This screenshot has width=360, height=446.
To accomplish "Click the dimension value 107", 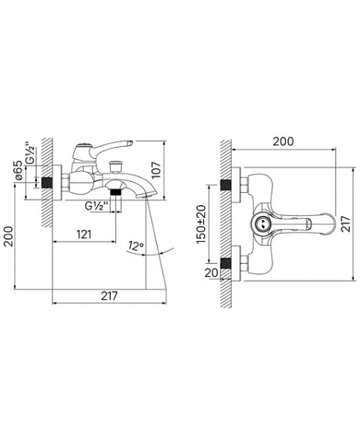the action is pos(156,170).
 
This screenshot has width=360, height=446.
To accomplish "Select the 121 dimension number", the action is pos(84,235).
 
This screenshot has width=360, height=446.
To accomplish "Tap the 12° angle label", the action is pos(135,245).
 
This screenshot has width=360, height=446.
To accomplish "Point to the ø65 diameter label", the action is pos(18,170).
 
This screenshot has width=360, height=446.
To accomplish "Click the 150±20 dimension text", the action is pos(202,224).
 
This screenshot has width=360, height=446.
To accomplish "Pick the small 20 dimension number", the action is pos(212,273).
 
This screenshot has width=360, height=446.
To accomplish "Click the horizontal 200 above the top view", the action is pos(283,142).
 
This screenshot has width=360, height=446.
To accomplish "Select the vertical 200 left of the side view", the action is pos(8,237).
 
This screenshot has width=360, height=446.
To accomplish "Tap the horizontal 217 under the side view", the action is pos(109,296).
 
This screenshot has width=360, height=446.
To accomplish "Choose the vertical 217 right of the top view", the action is pos(346,224).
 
